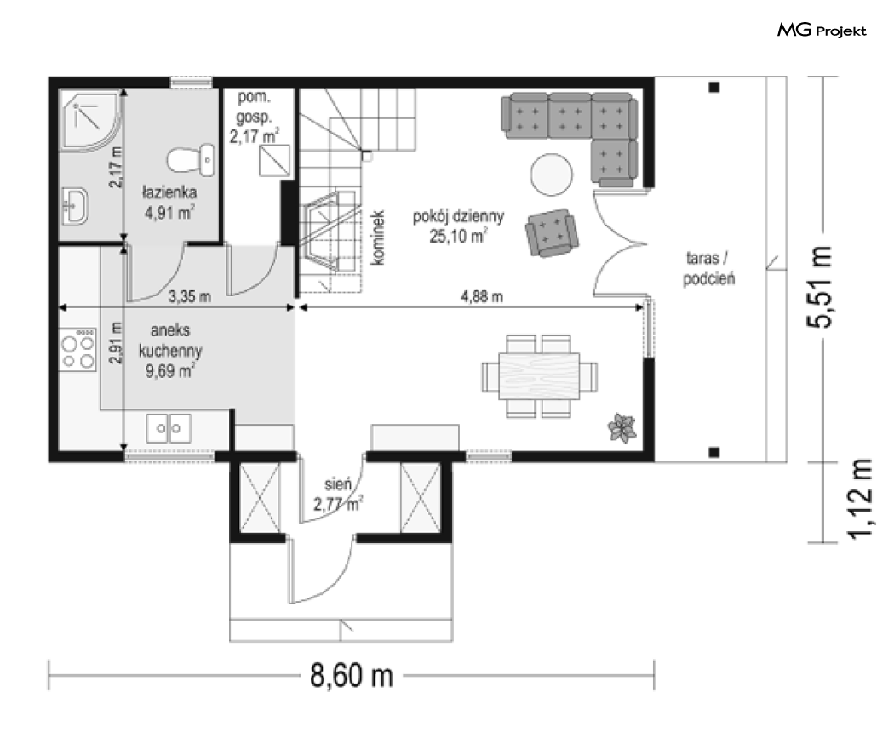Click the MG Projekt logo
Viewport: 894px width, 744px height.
coord(822,30)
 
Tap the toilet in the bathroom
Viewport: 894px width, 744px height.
coord(191,160)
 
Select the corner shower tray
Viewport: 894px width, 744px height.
coord(90,121)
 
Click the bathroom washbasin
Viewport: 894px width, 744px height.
coord(75,206)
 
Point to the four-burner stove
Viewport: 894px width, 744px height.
coord(78,350)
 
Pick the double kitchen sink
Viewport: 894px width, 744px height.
coord(169,428)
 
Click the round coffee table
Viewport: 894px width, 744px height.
coord(551,175)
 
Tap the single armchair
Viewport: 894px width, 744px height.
coord(552,232)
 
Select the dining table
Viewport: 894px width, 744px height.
coord(539,376)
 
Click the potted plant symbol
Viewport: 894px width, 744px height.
coord(622,427)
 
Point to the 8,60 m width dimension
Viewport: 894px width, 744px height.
coord(352,676)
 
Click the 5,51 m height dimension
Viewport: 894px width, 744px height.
coord(820,287)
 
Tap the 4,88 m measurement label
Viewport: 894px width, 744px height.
coord(482,296)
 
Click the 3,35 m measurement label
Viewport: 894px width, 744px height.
coord(190,296)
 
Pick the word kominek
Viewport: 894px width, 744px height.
coord(377,238)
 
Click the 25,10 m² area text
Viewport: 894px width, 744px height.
coord(458,236)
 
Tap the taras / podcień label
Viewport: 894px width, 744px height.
coord(708,268)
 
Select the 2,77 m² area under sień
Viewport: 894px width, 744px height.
coord(337,505)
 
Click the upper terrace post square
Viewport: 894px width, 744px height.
coord(713,87)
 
